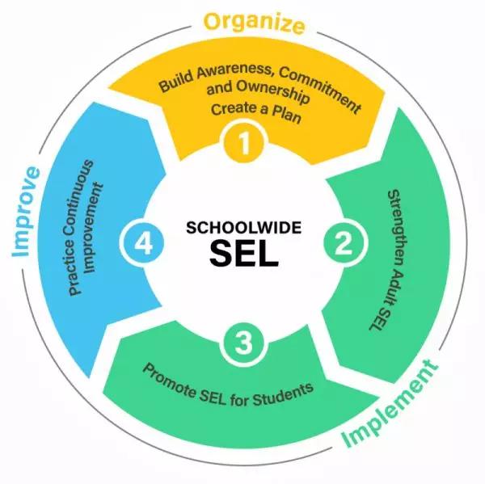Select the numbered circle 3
242,343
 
